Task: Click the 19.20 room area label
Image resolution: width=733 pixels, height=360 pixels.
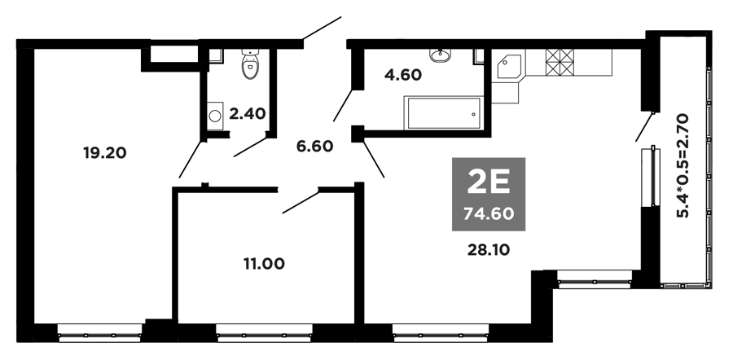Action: [105, 153]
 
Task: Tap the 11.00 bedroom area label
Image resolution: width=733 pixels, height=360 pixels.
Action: [264, 264]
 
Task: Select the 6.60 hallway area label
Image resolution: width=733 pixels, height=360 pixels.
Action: [314, 147]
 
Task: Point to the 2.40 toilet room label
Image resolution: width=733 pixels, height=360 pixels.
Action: [248, 113]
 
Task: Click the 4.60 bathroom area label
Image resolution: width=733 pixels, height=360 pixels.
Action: [403, 75]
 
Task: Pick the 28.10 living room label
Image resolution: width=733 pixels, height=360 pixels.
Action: [489, 250]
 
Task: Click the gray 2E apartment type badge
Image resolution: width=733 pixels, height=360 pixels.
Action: [489, 194]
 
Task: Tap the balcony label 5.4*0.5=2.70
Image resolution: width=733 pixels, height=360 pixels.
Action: [683, 165]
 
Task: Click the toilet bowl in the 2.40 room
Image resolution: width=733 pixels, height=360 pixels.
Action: [251, 64]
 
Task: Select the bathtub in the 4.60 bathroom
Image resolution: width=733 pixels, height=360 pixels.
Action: [443, 112]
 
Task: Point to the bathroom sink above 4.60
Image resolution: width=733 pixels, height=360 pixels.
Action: [440, 55]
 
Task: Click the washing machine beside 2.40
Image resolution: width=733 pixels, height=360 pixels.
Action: [214, 115]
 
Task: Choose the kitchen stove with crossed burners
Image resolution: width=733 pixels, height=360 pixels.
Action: [560, 62]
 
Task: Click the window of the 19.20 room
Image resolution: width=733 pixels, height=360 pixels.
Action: [100, 334]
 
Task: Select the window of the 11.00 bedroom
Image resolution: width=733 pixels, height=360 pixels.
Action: [265, 334]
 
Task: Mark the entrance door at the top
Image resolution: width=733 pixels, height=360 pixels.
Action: [322, 28]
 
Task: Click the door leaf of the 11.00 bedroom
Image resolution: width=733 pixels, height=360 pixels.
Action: [301, 202]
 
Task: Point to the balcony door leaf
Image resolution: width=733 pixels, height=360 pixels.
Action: [644, 126]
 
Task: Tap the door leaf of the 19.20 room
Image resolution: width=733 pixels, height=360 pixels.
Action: [191, 160]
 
